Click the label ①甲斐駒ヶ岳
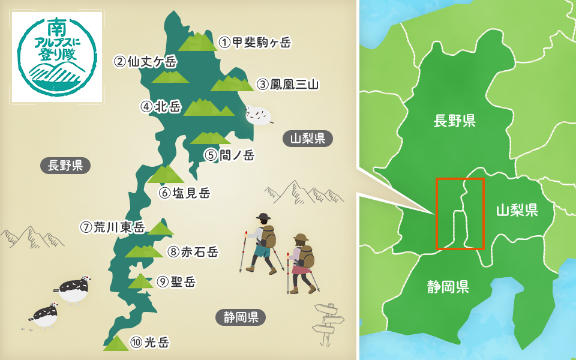tap(254, 42)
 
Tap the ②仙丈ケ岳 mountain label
tap(146, 61)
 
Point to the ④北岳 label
tap(160, 107)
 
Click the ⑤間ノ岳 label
tap(229, 155)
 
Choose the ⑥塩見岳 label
tap(184, 193)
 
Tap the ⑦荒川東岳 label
tap(112, 227)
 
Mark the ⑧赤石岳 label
tap(192, 251)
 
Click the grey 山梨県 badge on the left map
tap(307, 139)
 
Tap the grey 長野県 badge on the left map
tap(65, 166)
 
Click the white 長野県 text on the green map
tap(454, 121)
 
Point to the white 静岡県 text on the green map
tap(448, 287)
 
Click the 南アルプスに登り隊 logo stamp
tap(56, 58)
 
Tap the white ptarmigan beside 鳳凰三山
tap(258, 115)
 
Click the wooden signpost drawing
tap(326, 324)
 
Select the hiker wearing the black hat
tap(263, 243)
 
